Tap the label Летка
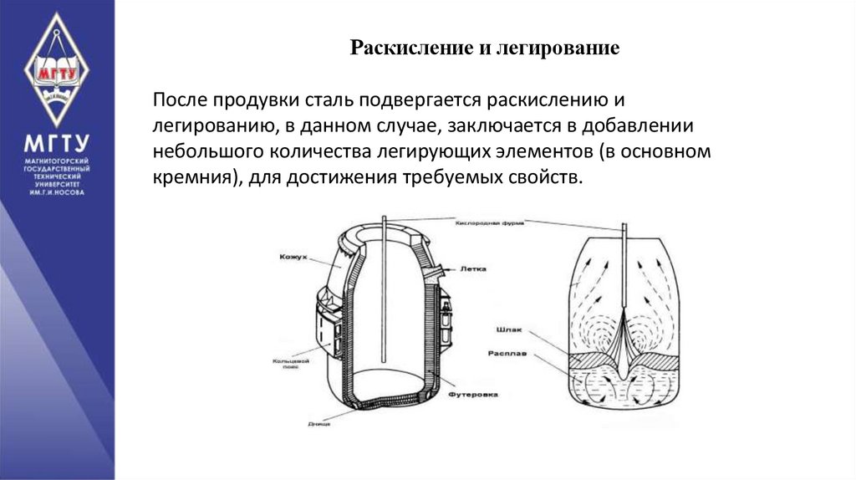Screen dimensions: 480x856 coord(472,269)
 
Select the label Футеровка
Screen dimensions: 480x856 coord(473,393)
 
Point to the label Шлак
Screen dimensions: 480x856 coord(509,329)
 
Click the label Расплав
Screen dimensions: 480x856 coord(506,354)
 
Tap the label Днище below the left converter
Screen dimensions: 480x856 coord(317,425)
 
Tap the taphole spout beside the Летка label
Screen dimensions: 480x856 coord(436,269)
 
